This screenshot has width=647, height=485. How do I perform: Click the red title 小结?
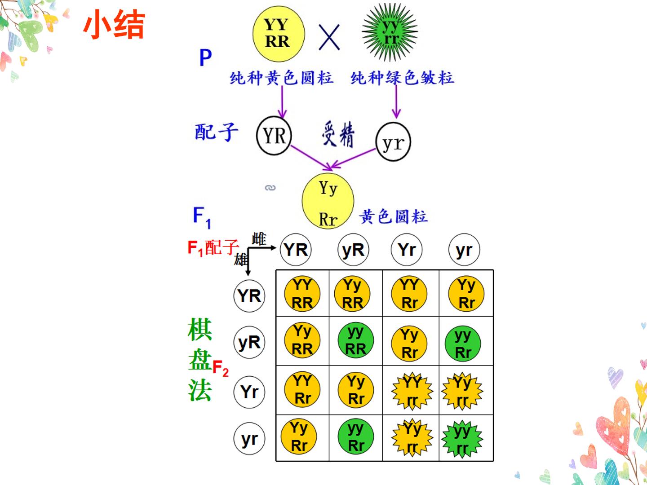coord(114,24)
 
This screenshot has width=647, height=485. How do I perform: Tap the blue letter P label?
coord(205,57)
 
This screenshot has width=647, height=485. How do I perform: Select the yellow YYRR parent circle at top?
coord(279,34)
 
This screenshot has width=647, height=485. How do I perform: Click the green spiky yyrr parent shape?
coord(390,32)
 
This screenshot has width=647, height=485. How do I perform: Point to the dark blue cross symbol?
coord(329,37)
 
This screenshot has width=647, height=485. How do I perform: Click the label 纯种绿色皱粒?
coord(402,78)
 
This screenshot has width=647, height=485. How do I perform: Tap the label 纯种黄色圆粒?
coord(282,78)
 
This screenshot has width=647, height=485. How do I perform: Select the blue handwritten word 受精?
coord(338,134)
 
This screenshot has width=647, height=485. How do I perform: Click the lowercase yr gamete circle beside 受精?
coord(393,142)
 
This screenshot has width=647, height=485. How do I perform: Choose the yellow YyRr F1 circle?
coord(328,201)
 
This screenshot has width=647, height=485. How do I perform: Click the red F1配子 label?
coord(213,247)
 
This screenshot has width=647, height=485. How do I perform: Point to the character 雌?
coord(259,239)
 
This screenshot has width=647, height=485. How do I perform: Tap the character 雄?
coord(240,260)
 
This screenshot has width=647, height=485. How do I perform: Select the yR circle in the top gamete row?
coord(353,250)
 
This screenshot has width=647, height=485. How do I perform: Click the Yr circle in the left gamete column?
coord(249,392)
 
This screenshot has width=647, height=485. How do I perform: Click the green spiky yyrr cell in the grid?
coord(462,439)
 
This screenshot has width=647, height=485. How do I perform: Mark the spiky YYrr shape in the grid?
coord(412,391)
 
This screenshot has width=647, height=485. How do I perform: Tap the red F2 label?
coord(221,368)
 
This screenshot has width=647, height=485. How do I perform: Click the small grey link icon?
coord(270,188)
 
